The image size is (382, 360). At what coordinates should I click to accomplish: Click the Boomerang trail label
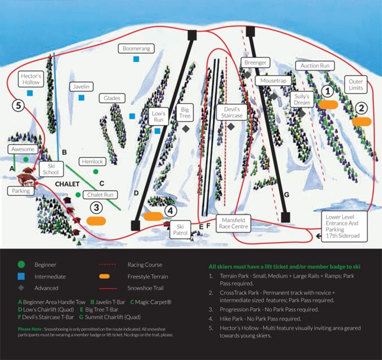136,49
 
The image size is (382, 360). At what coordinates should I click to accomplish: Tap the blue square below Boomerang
136,59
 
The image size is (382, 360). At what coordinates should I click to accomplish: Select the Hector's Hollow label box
30,79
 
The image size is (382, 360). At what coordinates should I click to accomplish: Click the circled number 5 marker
18,105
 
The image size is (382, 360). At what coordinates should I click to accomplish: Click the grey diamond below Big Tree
186,128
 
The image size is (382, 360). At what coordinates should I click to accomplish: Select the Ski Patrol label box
180,230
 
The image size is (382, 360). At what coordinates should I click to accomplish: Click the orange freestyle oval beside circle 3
96,221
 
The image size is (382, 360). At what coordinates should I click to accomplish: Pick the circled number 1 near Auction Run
328,91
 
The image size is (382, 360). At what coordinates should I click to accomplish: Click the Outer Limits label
355,85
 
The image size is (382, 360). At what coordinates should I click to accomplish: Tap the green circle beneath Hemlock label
95,171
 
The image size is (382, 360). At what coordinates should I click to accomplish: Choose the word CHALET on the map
67,184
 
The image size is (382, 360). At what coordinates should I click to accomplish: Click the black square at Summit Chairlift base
286,217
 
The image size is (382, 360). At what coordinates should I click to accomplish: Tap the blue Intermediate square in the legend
21,277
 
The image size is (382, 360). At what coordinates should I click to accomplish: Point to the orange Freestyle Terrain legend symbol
104,277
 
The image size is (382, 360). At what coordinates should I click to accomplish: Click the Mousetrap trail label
273,81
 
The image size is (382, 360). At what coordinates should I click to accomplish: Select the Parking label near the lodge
21,191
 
